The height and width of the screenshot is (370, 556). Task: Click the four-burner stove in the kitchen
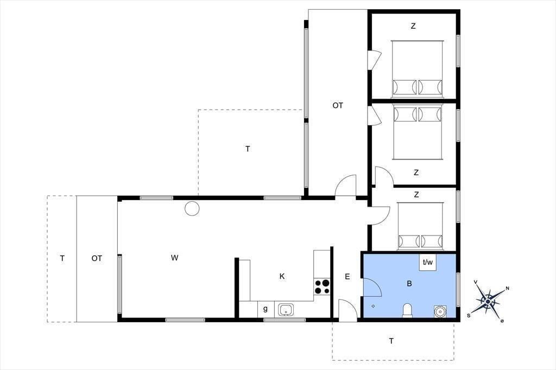[x=322, y=286]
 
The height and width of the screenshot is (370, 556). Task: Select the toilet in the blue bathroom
[x=407, y=310]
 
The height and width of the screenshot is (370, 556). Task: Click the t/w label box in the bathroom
[x=428, y=263]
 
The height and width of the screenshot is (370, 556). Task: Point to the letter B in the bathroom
[x=409, y=284]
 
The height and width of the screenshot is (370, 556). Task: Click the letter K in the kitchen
[x=282, y=277]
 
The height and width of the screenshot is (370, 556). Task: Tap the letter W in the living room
[x=174, y=258]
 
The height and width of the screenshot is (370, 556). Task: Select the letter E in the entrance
[x=347, y=277]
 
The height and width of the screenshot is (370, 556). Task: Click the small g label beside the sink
[x=265, y=309]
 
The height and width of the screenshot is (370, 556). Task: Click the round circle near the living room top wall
[x=192, y=208]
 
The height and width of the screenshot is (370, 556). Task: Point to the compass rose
[x=488, y=302]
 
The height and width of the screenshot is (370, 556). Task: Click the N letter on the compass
[x=507, y=289]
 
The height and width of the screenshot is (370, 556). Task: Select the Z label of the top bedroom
[x=413, y=26]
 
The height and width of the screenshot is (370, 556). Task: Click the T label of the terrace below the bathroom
[x=391, y=341]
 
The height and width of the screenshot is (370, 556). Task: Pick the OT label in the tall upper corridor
[x=338, y=105]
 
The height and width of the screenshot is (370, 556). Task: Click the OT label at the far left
[x=97, y=258]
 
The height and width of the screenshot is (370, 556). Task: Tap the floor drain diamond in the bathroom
[x=373, y=306]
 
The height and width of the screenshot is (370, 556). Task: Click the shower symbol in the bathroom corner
[x=440, y=311]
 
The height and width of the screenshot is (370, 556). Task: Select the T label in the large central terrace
[x=248, y=149]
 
